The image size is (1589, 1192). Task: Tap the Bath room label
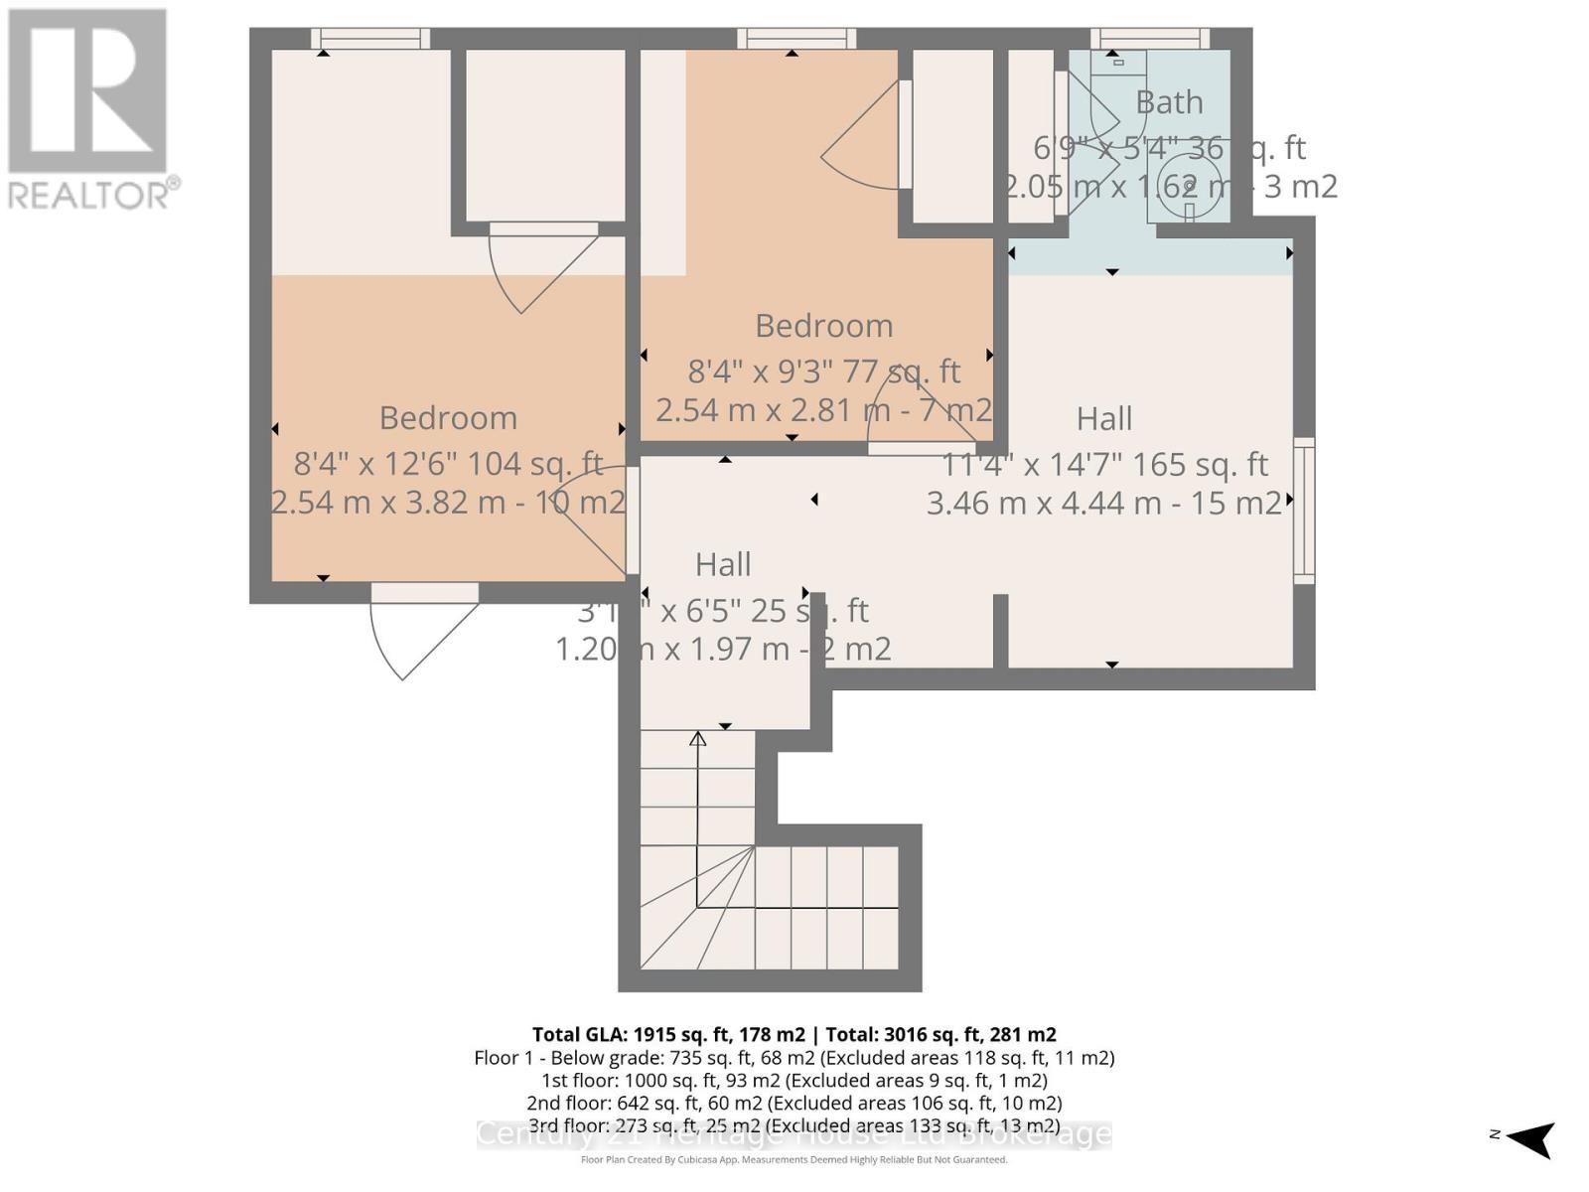pyautogui.click(x=1169, y=102)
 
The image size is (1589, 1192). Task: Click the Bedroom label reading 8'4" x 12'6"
pyautogui.click(x=448, y=418)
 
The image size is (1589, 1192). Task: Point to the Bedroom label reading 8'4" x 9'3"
pyautogui.click(x=823, y=326)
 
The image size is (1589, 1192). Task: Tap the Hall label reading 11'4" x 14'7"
pyautogui.click(x=1103, y=419)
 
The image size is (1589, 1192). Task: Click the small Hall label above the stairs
pyautogui.click(x=722, y=565)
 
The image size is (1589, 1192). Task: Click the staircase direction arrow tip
pyautogui.click(x=698, y=738)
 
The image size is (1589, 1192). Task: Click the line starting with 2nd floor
pyautogui.click(x=794, y=1103)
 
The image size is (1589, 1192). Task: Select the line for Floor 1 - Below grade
pyautogui.click(x=794, y=1058)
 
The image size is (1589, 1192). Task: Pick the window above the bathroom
pyautogui.click(x=1150, y=39)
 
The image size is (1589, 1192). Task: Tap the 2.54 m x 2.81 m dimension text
pyautogui.click(x=823, y=410)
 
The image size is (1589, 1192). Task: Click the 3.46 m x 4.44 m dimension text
pyautogui.click(x=1103, y=504)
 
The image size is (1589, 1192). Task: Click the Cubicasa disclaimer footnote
pyautogui.click(x=794, y=1160)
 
